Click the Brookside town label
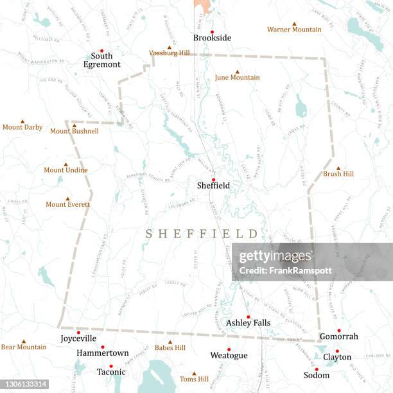point(212,39)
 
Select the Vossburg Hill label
point(170,53)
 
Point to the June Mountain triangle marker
point(237,72)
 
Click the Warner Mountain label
point(294,30)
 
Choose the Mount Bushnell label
point(74,131)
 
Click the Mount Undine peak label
point(65,170)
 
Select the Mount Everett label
point(67,204)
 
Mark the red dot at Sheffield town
point(214,179)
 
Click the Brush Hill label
point(338,174)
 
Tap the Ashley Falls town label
point(248,323)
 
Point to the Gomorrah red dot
point(339,331)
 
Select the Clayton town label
point(337,357)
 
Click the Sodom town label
point(317,375)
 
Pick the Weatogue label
point(229,355)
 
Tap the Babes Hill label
point(170,347)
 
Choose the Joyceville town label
point(78,338)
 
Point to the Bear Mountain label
point(24,347)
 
